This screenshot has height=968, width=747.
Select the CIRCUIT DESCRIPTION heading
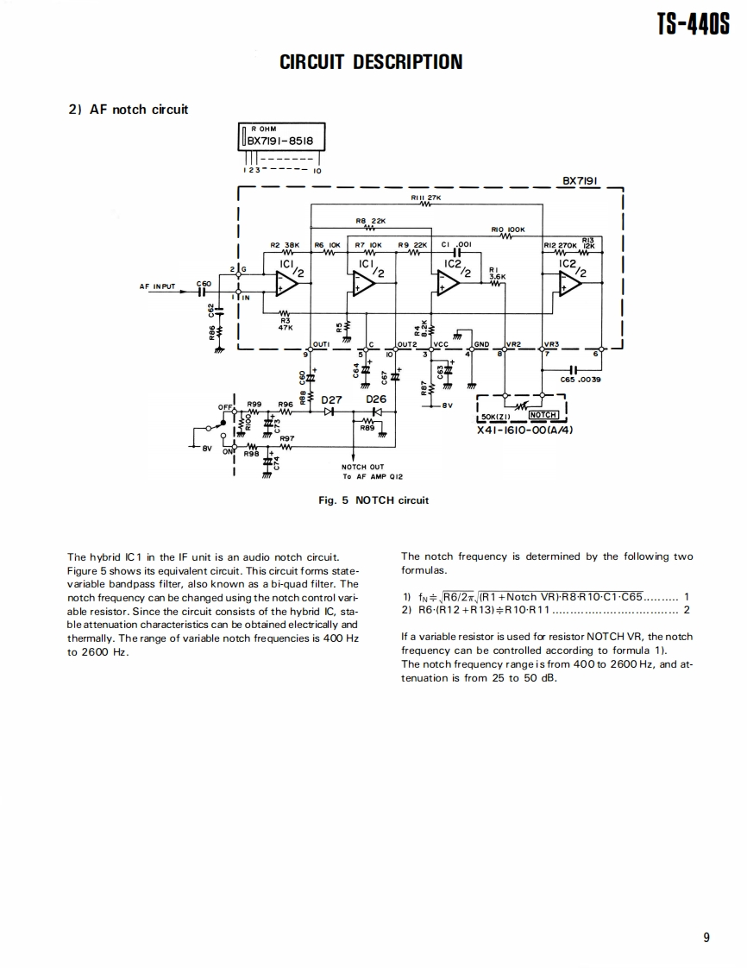click(371, 62)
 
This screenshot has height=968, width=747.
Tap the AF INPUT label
click(157, 286)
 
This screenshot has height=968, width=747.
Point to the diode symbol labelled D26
click(376, 412)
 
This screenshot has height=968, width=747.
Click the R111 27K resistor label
click(426, 198)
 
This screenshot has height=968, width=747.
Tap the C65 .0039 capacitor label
click(580, 379)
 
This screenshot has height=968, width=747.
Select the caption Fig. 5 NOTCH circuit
click(373, 500)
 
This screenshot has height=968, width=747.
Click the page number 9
click(706, 939)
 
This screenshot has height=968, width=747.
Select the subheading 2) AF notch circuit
click(128, 109)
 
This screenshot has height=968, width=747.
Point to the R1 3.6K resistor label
click(496, 273)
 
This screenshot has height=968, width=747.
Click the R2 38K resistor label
click(284, 245)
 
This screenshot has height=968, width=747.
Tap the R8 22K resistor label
click(368, 221)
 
